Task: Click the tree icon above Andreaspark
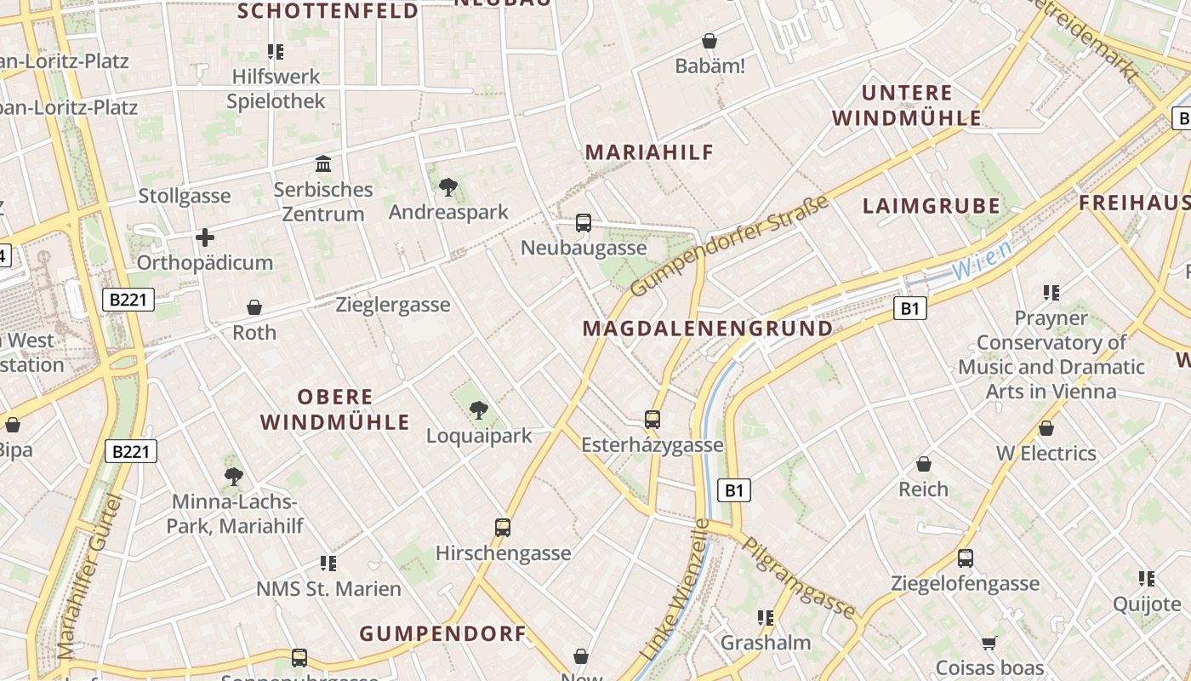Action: click(x=447, y=187)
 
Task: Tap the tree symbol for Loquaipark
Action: click(x=479, y=410)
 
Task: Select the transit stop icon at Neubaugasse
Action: click(x=584, y=223)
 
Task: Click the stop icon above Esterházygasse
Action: click(x=652, y=420)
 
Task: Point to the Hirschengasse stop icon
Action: click(x=503, y=528)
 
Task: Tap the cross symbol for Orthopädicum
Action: click(x=205, y=237)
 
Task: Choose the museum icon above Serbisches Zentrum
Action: click(x=323, y=163)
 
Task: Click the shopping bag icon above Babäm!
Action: click(x=709, y=41)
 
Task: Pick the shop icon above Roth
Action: click(x=254, y=307)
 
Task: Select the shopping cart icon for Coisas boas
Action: click(x=989, y=643)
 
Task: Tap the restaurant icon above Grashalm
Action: click(x=765, y=617)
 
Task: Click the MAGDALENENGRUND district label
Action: click(x=708, y=329)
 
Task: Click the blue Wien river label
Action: click(x=982, y=260)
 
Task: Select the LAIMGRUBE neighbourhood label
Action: click(x=932, y=206)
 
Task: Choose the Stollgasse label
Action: click(x=185, y=196)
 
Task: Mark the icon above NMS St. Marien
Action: click(x=328, y=563)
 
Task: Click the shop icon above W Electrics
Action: click(x=1046, y=428)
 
